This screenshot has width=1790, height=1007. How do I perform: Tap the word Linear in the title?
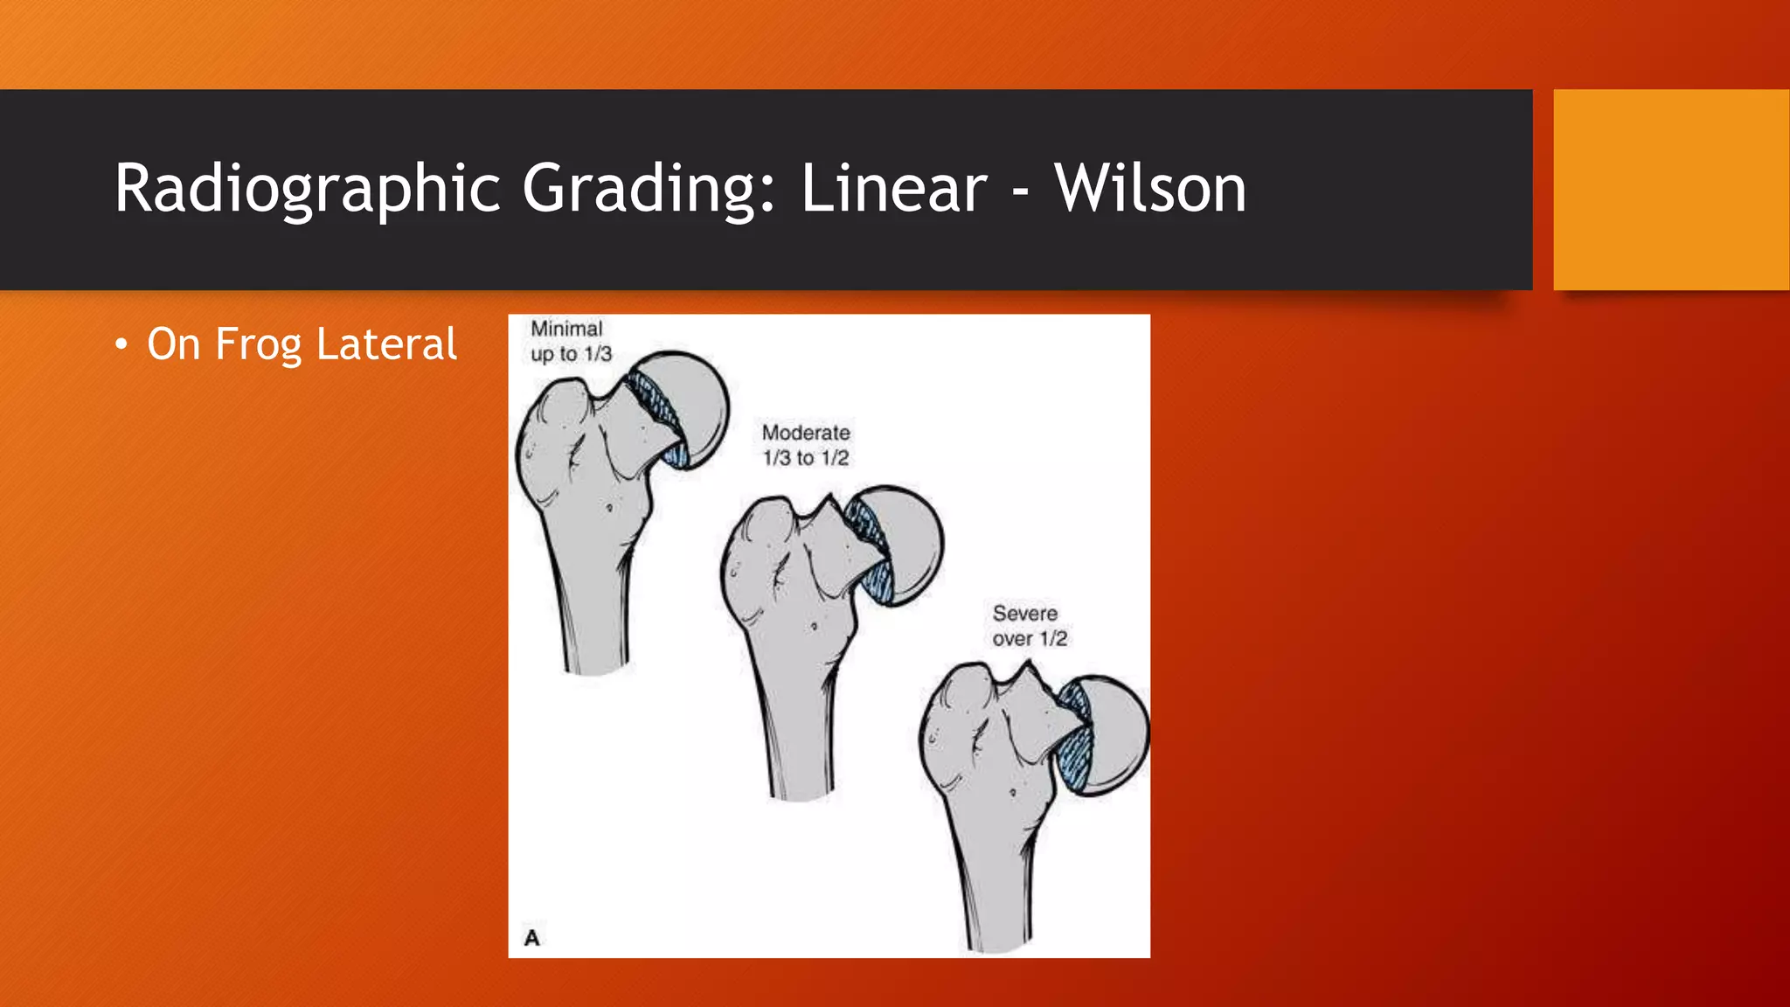coord(893,189)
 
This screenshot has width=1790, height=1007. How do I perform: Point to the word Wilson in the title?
coord(1150,189)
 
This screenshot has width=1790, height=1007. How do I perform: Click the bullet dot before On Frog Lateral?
coord(121,345)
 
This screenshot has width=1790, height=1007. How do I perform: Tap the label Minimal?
coord(566,329)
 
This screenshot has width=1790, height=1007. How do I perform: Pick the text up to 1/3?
coord(571,354)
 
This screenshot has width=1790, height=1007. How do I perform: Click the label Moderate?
coord(806,433)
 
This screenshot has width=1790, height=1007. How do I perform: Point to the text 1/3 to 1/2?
coord(806,458)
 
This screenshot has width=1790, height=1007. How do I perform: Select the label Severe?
coord(1024,614)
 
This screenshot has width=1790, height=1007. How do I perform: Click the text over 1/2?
coord(1030,639)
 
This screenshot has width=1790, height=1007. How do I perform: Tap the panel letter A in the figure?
coord(531,938)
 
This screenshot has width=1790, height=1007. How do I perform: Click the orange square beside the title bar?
coord(1671,190)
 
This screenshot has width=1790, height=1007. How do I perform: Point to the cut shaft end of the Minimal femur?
coord(596,669)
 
